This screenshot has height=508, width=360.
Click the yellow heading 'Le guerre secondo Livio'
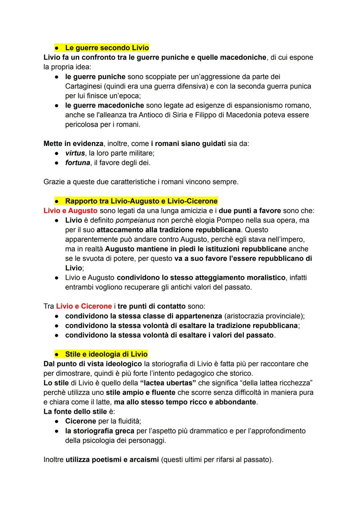click(x=107, y=48)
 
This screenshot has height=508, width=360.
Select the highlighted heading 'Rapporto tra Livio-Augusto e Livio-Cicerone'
click(x=141, y=201)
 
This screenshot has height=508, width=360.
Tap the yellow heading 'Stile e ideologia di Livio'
click(x=106, y=354)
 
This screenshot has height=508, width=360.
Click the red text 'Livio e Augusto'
click(x=70, y=211)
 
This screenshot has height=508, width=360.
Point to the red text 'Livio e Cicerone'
click(x=84, y=306)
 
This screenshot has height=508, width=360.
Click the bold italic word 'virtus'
click(x=75, y=153)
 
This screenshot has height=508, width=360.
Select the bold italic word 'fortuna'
click(x=78, y=163)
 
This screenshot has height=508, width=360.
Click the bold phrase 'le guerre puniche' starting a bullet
click(x=95, y=77)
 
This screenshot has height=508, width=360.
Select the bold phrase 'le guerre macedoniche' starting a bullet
click(x=104, y=106)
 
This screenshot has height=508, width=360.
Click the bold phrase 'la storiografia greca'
click(x=100, y=431)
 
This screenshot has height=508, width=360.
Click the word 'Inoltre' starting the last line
click(x=53, y=460)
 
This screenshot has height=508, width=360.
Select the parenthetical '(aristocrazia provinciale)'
click(x=264, y=315)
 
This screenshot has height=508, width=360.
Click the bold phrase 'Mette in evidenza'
click(x=73, y=144)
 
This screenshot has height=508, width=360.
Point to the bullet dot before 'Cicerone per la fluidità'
click(x=57, y=421)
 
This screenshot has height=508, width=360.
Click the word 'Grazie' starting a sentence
click(x=54, y=182)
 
